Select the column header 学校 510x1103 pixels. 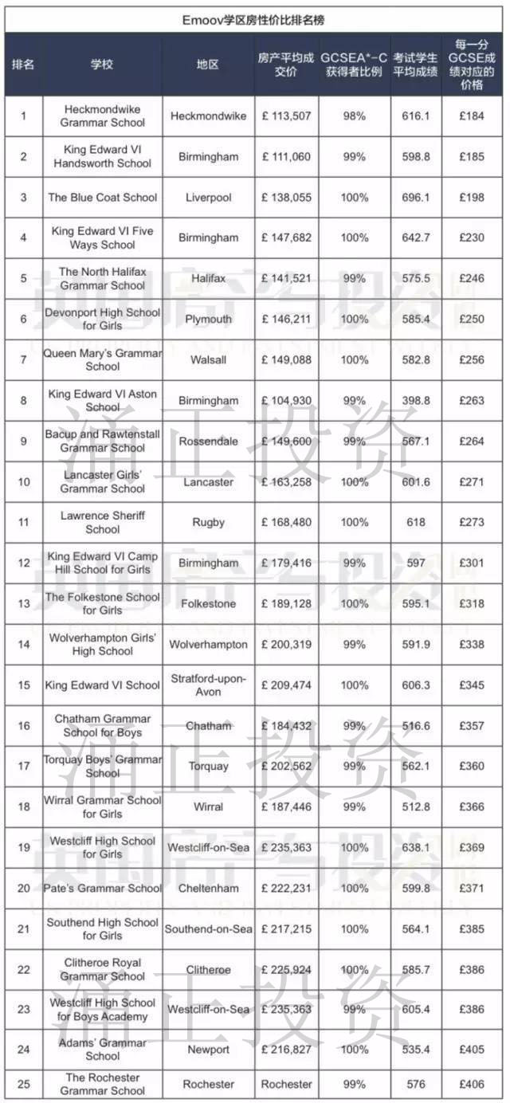click(x=102, y=65)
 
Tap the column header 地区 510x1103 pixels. click(x=208, y=65)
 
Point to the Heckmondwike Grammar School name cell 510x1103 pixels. click(x=102, y=116)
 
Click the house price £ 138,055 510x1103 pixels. click(x=286, y=197)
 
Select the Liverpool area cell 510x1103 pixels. click(x=208, y=197)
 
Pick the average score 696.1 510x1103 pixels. click(x=416, y=197)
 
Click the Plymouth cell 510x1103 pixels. click(x=208, y=319)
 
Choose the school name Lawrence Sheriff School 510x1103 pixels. click(x=102, y=522)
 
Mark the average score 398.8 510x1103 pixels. click(x=416, y=400)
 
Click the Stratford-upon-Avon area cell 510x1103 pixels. click(x=208, y=685)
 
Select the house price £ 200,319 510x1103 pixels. click(x=286, y=644)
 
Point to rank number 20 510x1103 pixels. click(x=23, y=888)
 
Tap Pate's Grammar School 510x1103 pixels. click(x=102, y=888)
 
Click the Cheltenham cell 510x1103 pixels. click(x=208, y=888)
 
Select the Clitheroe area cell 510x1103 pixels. click(x=208, y=969)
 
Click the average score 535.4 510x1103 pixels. click(x=416, y=1050)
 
